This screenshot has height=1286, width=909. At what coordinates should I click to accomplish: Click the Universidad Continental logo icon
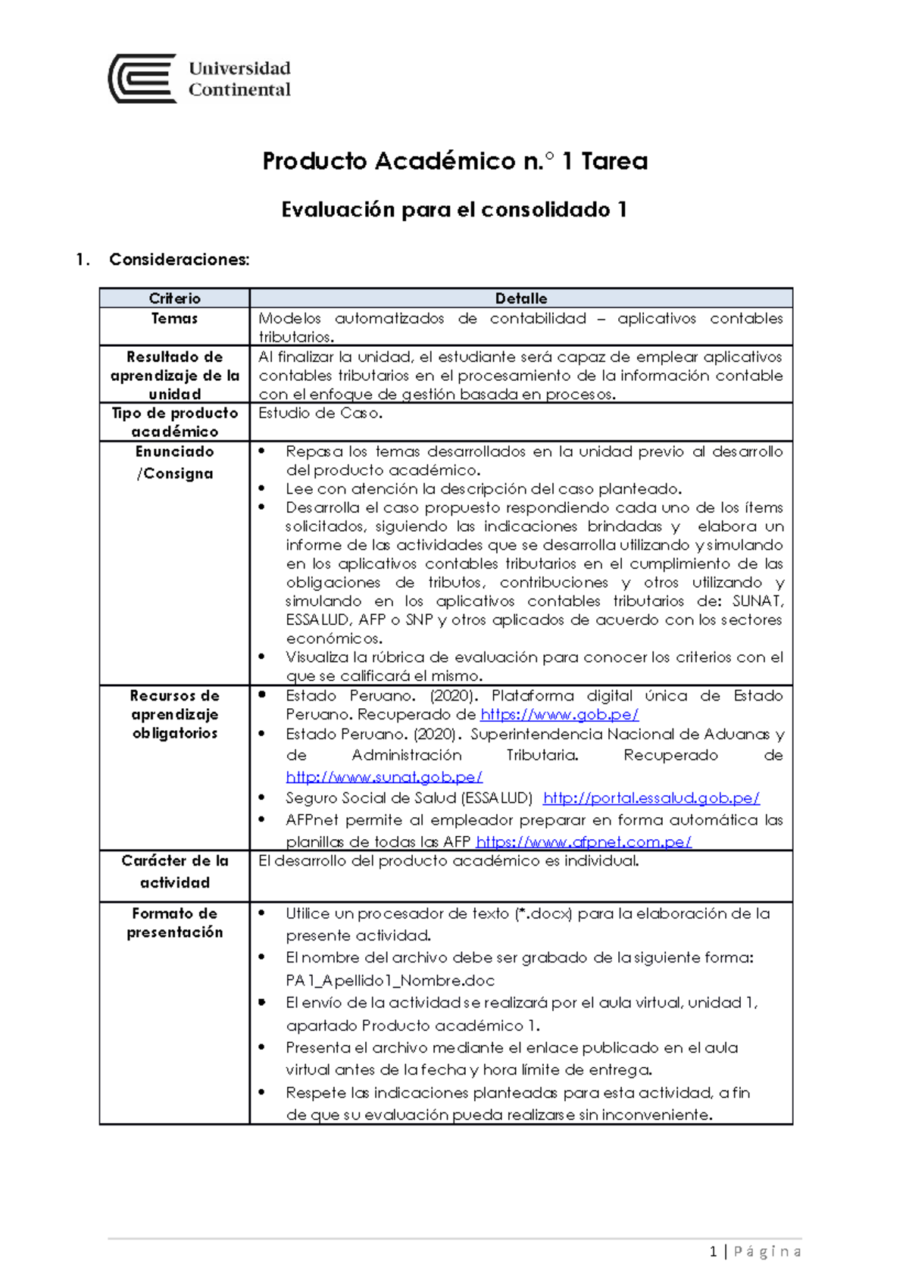(x=143, y=78)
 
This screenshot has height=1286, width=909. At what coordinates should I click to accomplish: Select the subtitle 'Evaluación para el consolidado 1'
(x=454, y=210)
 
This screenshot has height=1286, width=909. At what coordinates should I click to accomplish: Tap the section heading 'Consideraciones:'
(x=179, y=260)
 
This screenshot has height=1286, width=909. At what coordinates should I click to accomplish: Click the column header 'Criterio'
(x=174, y=298)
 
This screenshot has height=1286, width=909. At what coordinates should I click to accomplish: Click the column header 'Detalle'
(x=520, y=298)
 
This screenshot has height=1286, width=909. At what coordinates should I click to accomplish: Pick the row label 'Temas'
(x=174, y=319)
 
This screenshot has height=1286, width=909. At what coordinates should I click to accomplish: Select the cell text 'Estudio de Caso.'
(x=320, y=414)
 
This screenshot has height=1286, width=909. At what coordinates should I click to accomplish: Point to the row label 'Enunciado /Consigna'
(x=174, y=463)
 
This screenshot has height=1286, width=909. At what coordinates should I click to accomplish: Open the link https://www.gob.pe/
(x=559, y=714)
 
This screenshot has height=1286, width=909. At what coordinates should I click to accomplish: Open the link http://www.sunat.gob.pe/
(x=383, y=777)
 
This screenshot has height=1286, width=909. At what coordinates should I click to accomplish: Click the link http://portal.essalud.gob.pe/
(x=651, y=798)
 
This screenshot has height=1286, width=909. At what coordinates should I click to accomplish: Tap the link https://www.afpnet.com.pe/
(x=583, y=841)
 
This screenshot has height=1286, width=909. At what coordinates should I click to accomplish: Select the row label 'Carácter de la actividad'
(x=174, y=872)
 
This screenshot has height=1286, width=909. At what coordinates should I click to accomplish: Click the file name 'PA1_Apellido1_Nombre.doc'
(x=390, y=981)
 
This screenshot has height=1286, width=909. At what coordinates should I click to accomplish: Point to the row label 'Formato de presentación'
(x=174, y=923)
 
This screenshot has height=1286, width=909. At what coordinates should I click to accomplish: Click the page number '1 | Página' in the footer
(x=755, y=1252)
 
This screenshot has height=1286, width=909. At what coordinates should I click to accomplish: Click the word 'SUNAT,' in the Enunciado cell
(x=757, y=601)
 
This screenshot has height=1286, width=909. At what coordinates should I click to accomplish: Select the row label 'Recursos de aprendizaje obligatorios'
(x=174, y=714)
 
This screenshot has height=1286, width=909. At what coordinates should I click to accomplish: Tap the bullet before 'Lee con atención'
(x=262, y=489)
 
